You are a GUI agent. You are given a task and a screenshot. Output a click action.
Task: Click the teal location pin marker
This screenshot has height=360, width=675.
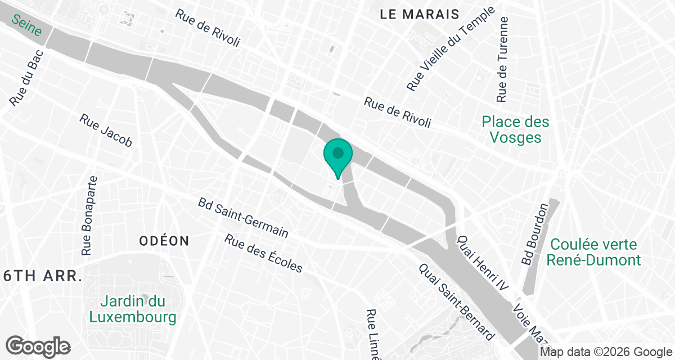337,155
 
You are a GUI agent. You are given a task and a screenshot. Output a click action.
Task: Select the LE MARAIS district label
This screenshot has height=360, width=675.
420,14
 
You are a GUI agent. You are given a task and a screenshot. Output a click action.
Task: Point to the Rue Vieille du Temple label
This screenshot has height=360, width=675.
451,49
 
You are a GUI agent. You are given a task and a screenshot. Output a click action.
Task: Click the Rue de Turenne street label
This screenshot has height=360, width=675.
503,59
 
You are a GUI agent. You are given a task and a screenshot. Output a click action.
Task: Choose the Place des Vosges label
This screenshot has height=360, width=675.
515,129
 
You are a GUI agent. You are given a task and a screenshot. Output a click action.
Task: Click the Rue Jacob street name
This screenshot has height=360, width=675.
106,130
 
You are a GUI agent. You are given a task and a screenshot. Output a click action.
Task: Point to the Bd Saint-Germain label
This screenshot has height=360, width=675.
243,217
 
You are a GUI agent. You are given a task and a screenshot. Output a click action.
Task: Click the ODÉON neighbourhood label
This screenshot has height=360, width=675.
164,241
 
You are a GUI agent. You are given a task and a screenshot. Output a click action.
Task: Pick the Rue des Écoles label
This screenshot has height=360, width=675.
263,253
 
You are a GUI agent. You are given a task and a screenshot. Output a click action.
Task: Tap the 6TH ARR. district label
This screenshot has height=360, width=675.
42,276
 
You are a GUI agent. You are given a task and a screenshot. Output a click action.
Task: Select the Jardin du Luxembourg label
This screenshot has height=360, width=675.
133,309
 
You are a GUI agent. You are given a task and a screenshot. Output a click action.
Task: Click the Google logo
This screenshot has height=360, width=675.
38,345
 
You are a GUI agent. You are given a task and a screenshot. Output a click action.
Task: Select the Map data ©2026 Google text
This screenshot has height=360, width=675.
606,352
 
